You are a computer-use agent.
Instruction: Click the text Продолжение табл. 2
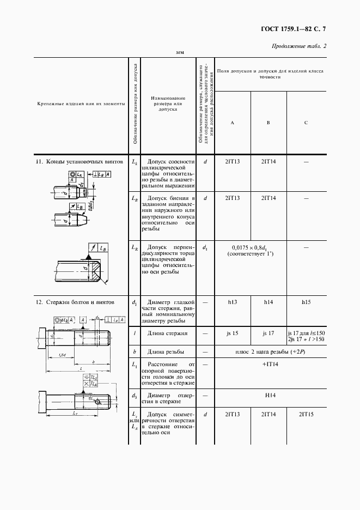pos(298,46)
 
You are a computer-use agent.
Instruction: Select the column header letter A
pos(233,122)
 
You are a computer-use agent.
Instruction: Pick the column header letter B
pos(268,122)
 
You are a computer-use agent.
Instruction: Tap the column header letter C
pos(306,122)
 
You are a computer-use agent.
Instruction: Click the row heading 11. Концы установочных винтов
pos(69,161)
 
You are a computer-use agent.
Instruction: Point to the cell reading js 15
pos(233,332)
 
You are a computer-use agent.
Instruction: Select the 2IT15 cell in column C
pos(306,415)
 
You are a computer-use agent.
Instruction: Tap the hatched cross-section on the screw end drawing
pos(96,271)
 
